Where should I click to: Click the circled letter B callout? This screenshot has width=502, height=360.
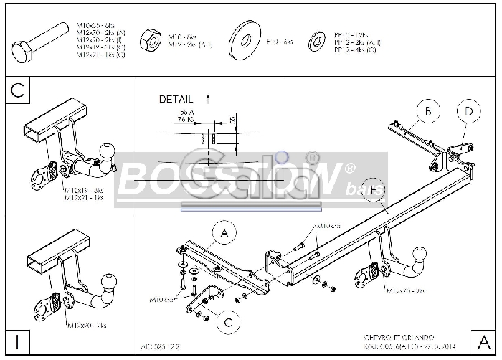(x=428, y=111)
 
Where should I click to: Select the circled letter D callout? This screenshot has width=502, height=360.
(x=468, y=111)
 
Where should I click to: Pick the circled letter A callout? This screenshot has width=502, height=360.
(x=224, y=233)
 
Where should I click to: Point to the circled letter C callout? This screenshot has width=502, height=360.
(x=228, y=323)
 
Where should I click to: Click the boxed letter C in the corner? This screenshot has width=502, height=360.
(x=19, y=90)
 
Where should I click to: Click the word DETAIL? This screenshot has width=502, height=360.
(x=176, y=99)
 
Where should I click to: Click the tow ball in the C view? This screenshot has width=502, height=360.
(x=108, y=151)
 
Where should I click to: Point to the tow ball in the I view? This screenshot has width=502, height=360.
(x=109, y=280)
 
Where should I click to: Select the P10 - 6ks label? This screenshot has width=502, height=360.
(x=280, y=42)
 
